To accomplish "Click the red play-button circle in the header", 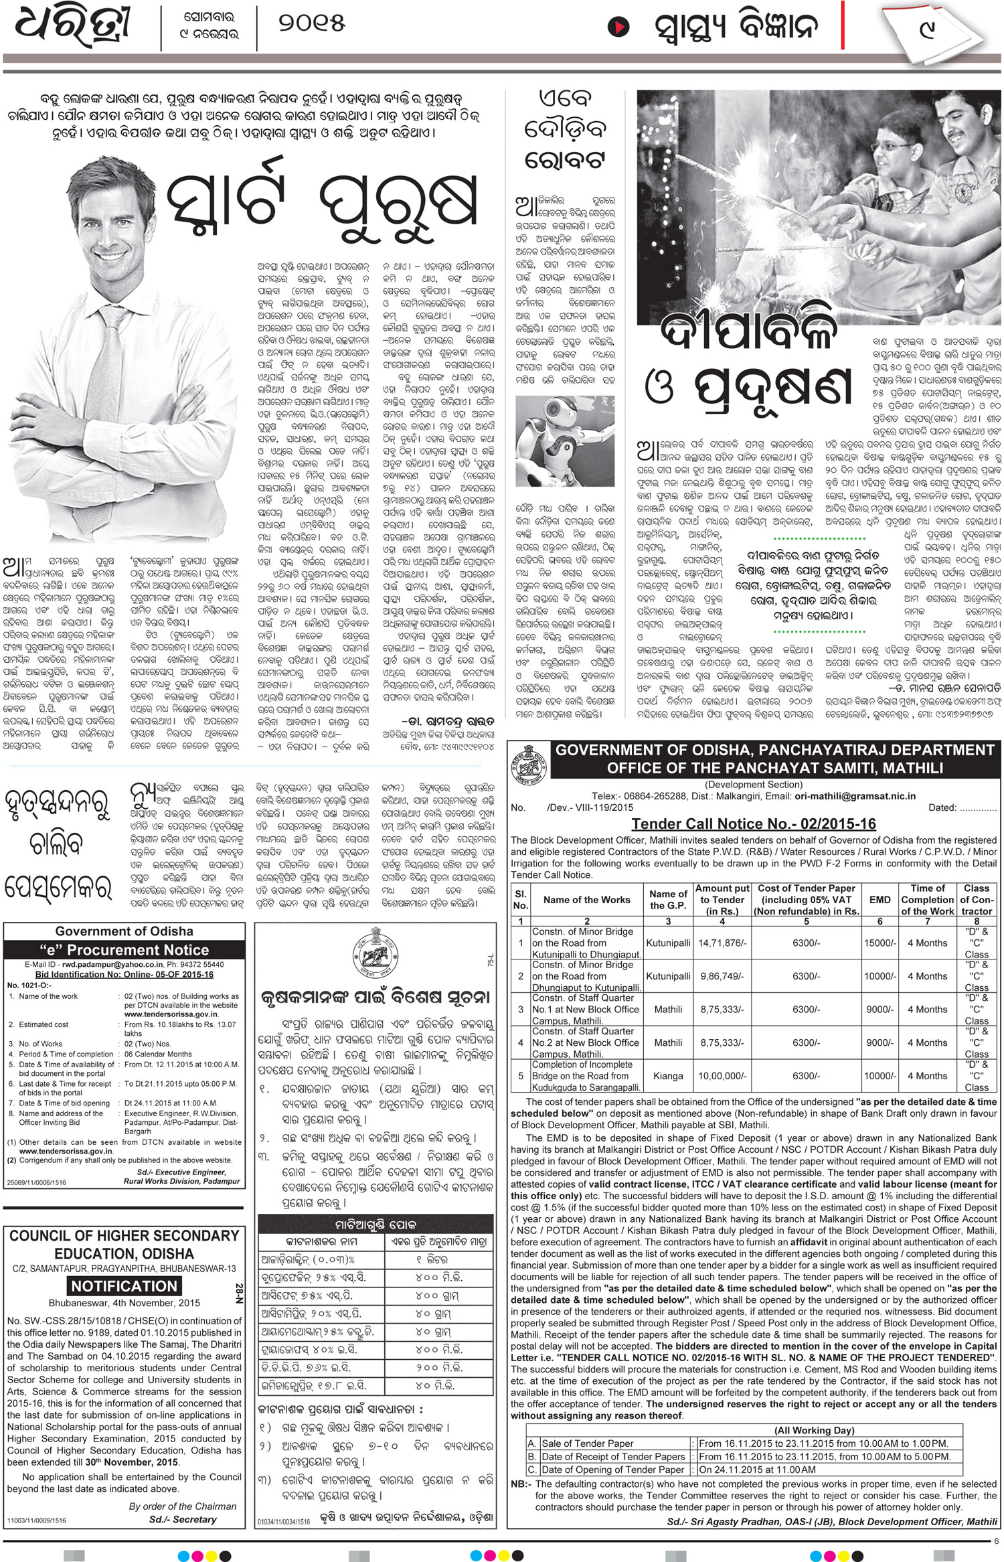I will click(x=618, y=28).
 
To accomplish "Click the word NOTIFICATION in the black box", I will click(x=124, y=1285).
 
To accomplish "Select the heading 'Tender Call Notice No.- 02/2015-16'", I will click(x=754, y=824).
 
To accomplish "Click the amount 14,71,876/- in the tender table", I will click(x=722, y=943).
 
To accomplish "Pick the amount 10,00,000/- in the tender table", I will click(x=722, y=1076).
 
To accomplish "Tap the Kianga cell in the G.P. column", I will click(x=668, y=1076).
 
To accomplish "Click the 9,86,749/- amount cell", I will click(x=722, y=976).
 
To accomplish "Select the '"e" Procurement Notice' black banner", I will click(x=124, y=949).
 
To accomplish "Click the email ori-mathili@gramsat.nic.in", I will click(x=855, y=797).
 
